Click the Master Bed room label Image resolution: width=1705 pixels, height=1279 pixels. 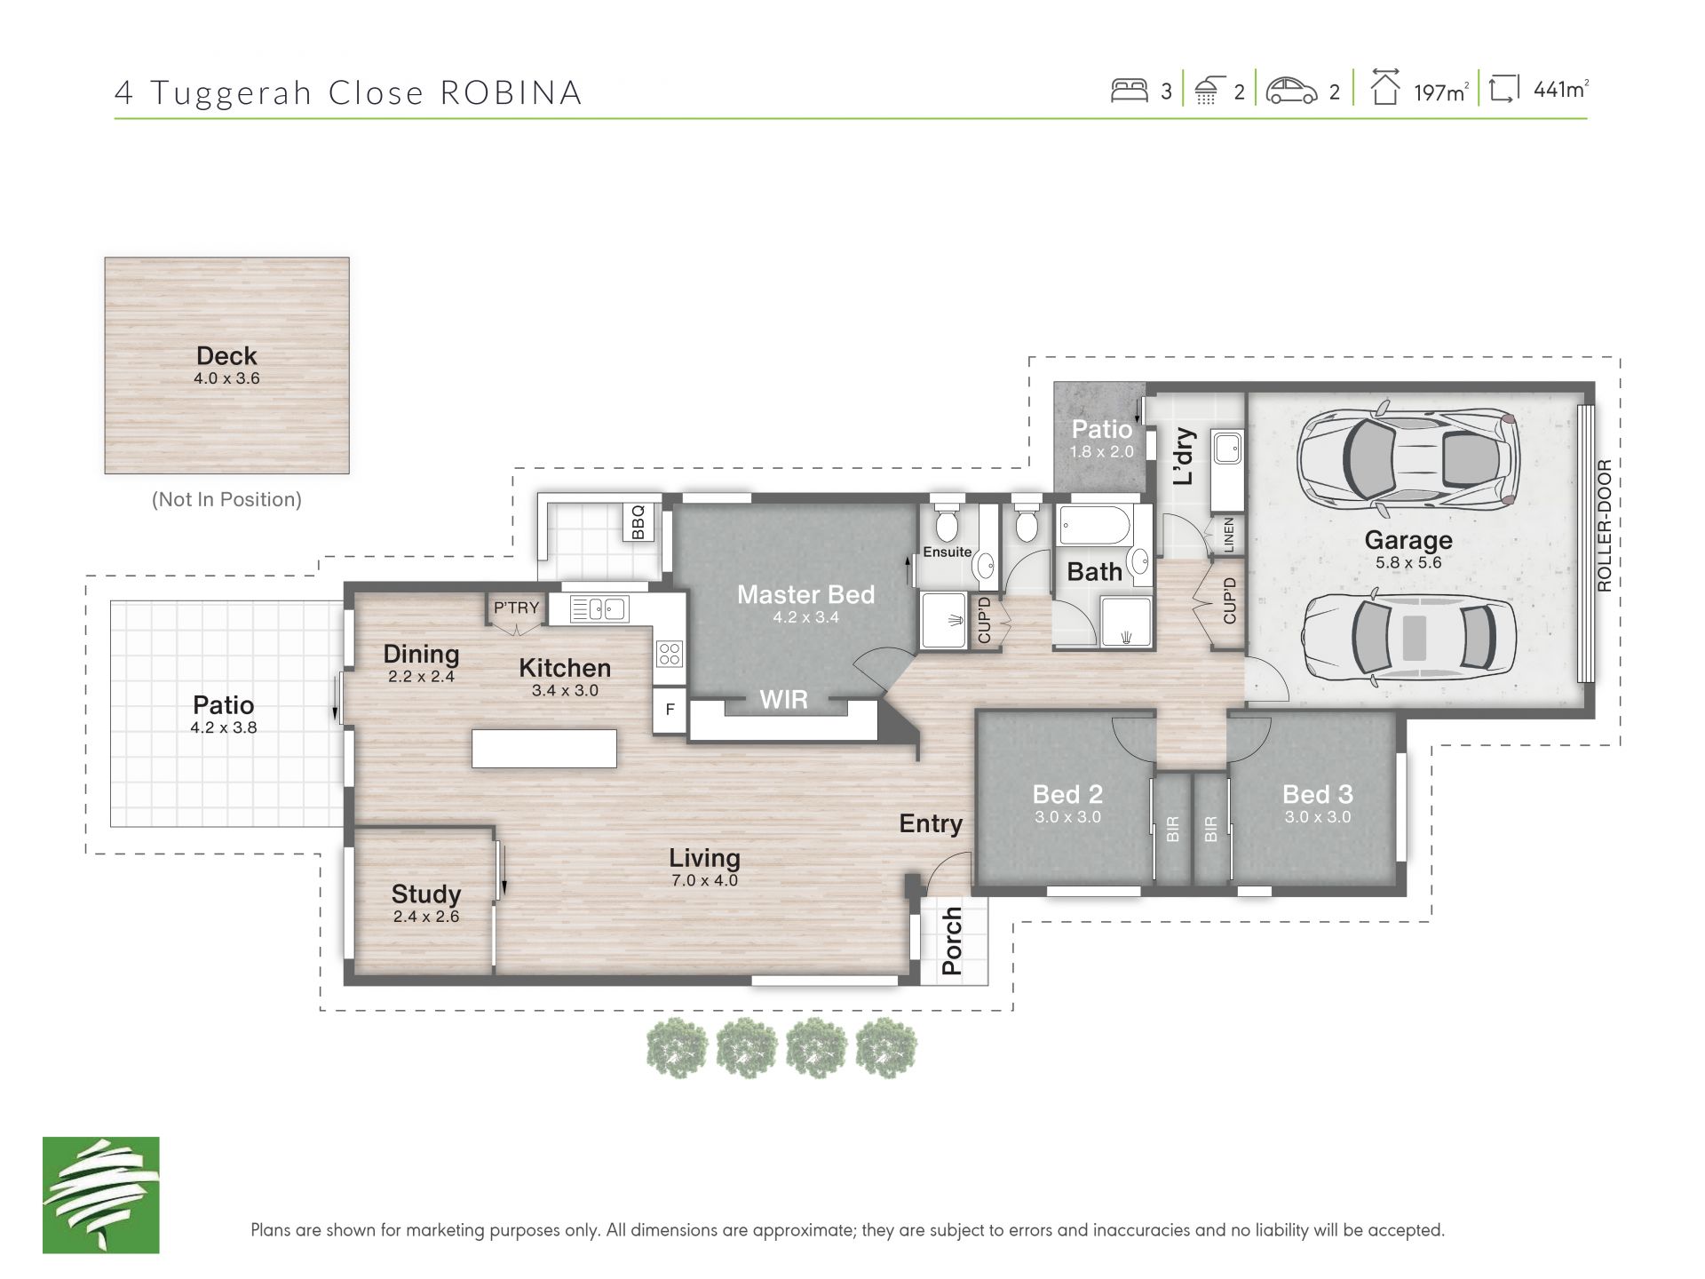[805, 594]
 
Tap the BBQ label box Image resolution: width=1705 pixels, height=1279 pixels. [638, 522]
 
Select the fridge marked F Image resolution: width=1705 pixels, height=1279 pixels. [670, 710]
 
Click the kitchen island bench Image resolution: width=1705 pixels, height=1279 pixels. [543, 748]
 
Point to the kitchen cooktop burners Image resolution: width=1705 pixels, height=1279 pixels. [670, 654]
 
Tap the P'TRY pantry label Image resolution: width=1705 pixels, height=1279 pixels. [516, 608]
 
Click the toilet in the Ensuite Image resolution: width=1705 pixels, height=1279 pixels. [947, 520]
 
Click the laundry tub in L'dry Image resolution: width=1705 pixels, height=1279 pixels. [1227, 448]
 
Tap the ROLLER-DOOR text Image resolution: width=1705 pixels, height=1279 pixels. [1604, 525]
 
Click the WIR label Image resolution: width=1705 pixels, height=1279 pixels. [783, 700]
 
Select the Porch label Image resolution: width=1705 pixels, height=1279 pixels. [951, 941]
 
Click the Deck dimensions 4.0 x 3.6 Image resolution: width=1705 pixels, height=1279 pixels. [226, 378]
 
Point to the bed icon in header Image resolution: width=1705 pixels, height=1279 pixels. [1130, 90]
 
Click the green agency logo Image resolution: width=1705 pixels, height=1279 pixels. [101, 1195]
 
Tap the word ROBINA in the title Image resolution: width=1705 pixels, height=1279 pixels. [511, 92]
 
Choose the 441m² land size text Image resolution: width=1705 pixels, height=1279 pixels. [1561, 90]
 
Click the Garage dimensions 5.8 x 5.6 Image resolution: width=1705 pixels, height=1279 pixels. [1408, 562]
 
